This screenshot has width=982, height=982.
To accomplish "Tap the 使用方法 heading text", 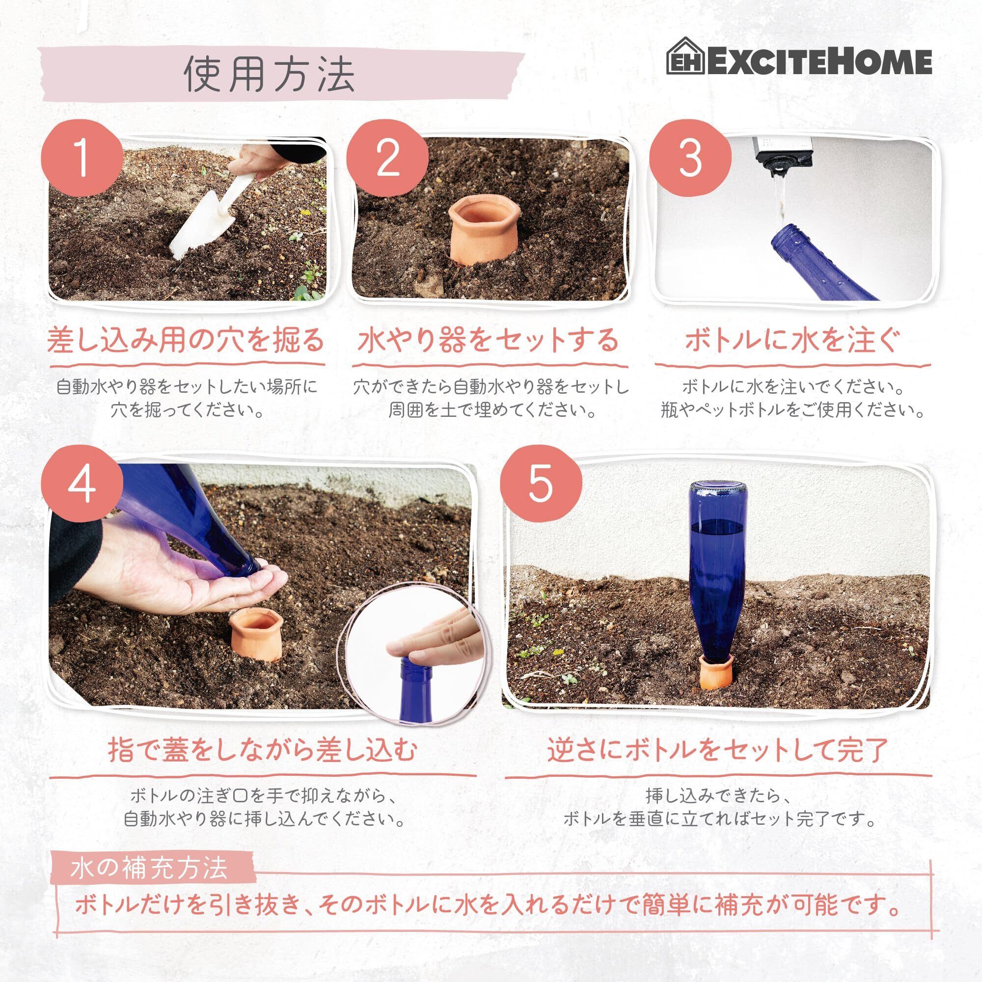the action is click(269, 75).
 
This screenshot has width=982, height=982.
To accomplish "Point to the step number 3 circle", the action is click(691, 159).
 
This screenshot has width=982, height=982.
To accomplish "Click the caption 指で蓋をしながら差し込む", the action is click(263, 751).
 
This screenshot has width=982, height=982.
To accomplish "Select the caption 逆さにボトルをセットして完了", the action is click(718, 751).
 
